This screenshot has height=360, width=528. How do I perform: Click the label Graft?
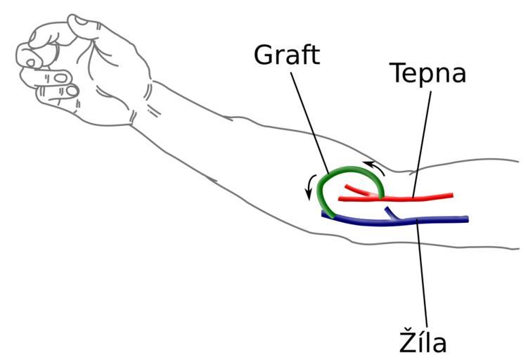pyautogui.click(x=287, y=55)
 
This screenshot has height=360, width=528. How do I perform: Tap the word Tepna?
pyautogui.click(x=428, y=72)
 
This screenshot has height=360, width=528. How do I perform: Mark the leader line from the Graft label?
pyautogui.click(x=309, y=120)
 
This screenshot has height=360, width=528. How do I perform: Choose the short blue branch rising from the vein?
pyautogui.click(x=391, y=213)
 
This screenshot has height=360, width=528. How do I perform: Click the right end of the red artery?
pyautogui.click(x=451, y=195)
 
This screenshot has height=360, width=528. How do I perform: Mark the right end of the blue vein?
pyautogui.click(x=465, y=220)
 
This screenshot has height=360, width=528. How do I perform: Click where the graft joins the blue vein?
pyautogui.click(x=328, y=214)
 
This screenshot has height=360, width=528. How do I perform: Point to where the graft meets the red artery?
pyautogui.click(x=381, y=197)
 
